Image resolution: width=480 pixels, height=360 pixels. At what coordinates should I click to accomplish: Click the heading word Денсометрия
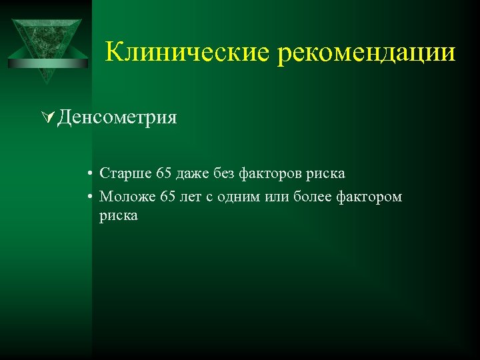point(117,118)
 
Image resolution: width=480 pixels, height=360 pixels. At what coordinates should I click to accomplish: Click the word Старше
point(125,174)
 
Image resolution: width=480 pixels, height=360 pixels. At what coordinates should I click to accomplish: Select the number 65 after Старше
point(164,174)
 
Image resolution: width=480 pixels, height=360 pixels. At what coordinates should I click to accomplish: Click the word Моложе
point(127,197)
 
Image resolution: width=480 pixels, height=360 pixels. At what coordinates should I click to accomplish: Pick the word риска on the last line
point(119,215)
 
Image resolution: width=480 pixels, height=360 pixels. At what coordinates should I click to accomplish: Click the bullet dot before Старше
point(89,175)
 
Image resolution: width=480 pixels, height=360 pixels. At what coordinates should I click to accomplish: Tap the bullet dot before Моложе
point(89,197)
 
